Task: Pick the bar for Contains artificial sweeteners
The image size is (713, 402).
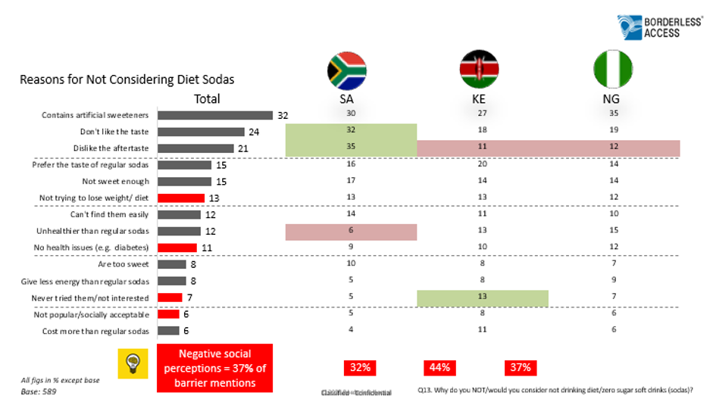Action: click(214, 115)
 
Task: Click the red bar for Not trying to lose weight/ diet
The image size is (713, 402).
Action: click(181, 198)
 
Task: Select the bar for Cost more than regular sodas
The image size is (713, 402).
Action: click(168, 330)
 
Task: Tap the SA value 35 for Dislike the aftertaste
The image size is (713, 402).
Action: click(350, 148)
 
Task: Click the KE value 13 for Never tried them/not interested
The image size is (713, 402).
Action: click(483, 297)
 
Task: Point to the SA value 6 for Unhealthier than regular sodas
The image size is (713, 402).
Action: click(350, 231)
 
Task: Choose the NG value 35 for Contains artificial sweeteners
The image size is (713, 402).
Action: click(614, 114)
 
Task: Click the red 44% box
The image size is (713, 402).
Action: click(440, 367)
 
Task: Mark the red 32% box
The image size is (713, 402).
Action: click(360, 367)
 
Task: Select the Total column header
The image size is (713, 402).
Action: click(207, 98)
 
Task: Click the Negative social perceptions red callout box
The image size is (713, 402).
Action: click(214, 368)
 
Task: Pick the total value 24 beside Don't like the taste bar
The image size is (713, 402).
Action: click(254, 132)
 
